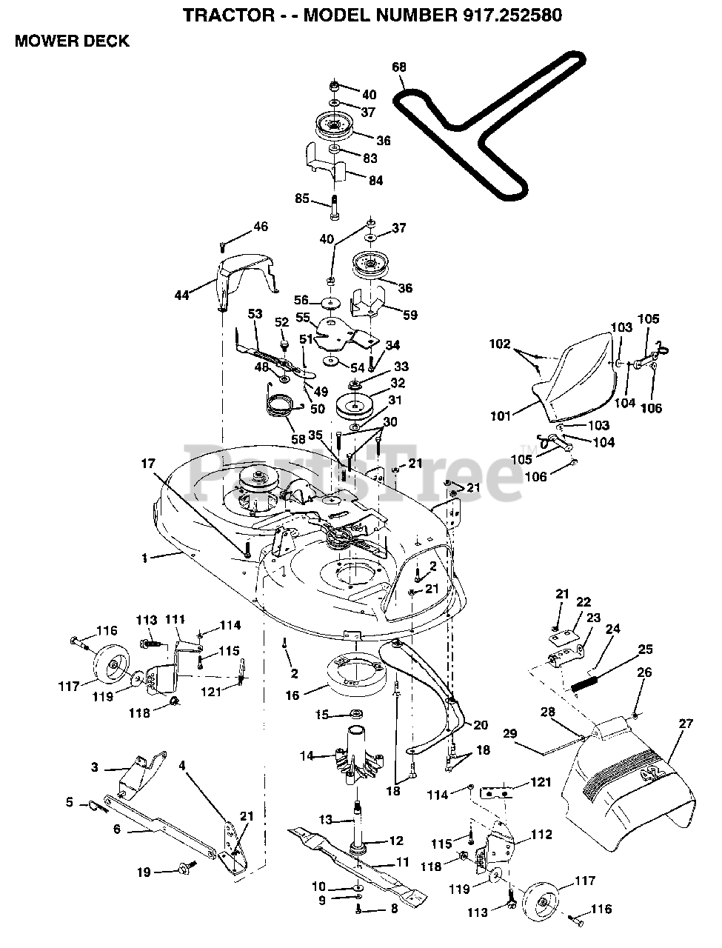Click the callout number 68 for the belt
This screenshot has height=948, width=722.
coord(399,67)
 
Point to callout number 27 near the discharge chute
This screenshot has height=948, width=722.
coord(685,723)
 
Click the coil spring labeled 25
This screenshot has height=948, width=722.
coord(585,684)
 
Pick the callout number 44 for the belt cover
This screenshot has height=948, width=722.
coord(181,296)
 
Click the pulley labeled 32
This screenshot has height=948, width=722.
coord(355,406)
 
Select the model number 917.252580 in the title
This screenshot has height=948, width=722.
coord(512,16)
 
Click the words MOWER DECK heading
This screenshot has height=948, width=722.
coord(72,41)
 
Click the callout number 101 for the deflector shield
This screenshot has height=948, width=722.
coord(501,416)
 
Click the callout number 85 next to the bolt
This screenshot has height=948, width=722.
coord(302,198)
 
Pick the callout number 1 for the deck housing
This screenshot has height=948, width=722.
coord(144,558)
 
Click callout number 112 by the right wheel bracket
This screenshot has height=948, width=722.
coord(541,835)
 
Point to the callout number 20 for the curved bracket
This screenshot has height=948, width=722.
coord(480,725)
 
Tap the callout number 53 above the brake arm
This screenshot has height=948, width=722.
coord(255,313)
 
